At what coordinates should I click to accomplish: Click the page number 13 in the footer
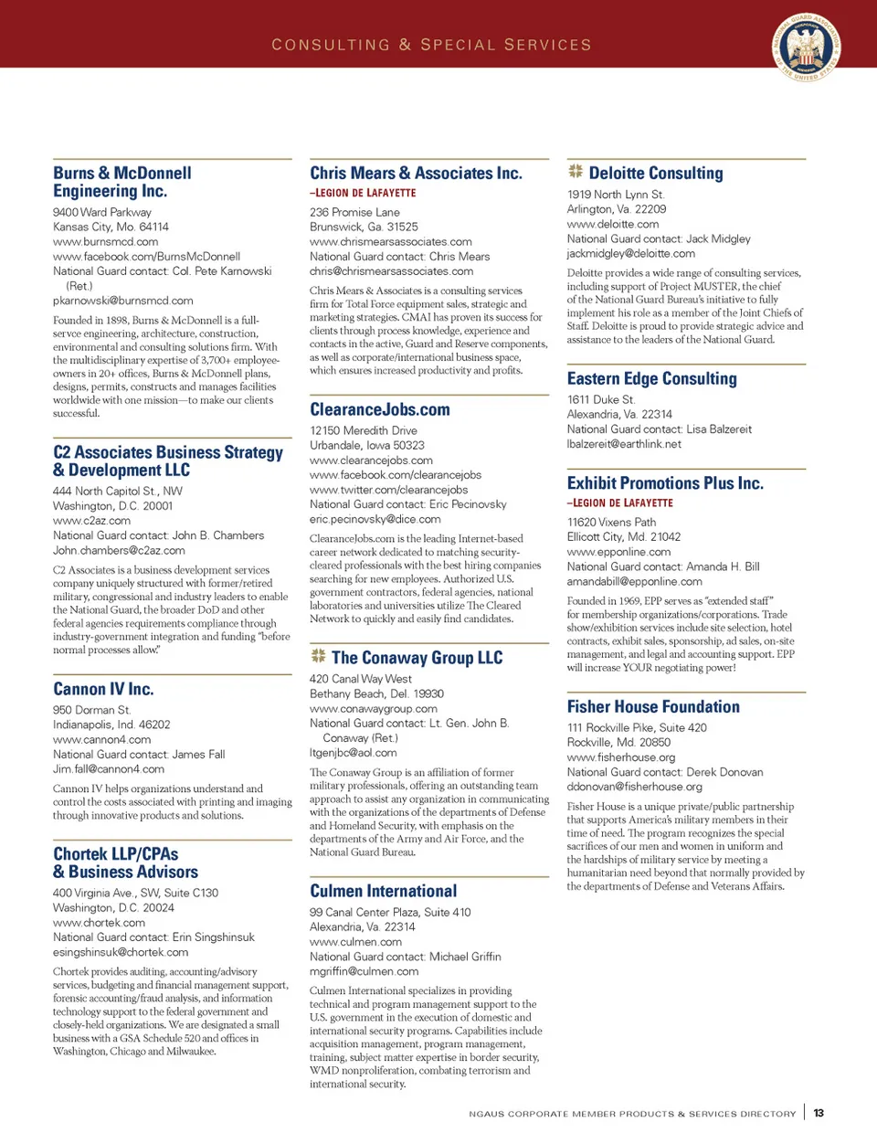pyautogui.click(x=819, y=1113)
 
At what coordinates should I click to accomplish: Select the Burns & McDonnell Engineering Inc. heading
pyautogui.click(x=122, y=182)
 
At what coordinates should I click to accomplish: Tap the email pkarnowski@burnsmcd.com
pyautogui.click(x=123, y=301)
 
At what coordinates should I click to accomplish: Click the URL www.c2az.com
pyautogui.click(x=91, y=521)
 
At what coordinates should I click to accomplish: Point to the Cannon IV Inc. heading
pyautogui.click(x=103, y=689)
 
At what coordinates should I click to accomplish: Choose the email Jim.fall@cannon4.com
pyautogui.click(x=109, y=769)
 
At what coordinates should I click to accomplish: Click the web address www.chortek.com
pyautogui.click(x=99, y=923)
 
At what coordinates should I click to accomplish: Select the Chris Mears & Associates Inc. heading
pyautogui.click(x=416, y=173)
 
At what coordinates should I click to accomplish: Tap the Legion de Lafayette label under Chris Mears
pyautogui.click(x=363, y=194)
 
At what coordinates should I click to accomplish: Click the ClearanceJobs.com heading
pyautogui.click(x=380, y=409)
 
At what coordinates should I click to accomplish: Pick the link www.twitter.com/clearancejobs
pyautogui.click(x=388, y=490)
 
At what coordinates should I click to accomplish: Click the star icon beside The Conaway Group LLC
pyautogui.click(x=318, y=656)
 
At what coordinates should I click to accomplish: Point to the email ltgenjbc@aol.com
pyautogui.click(x=353, y=753)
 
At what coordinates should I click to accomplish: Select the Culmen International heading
pyautogui.click(x=383, y=891)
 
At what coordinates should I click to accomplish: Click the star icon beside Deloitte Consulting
pyautogui.click(x=576, y=172)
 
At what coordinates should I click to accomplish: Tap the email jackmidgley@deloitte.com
pyautogui.click(x=630, y=254)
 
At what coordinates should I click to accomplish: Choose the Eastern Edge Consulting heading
pyautogui.click(x=651, y=378)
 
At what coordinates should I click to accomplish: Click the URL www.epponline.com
pyautogui.click(x=618, y=552)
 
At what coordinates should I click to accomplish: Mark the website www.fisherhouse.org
pyautogui.click(x=621, y=757)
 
